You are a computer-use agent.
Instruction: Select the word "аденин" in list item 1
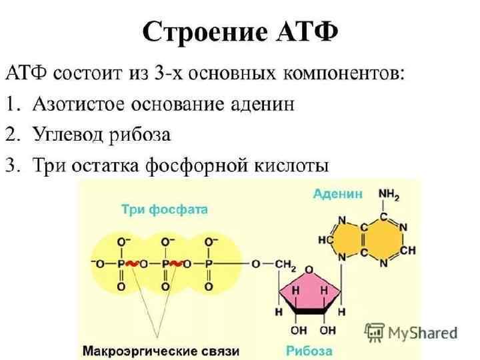click(x=261, y=105)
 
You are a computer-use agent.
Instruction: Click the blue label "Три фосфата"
click(x=165, y=209)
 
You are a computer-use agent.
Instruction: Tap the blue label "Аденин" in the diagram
click(x=338, y=194)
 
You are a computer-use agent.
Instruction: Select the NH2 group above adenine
click(x=389, y=194)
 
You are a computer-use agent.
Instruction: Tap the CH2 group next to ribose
click(x=285, y=265)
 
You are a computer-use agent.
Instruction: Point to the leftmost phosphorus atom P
click(x=121, y=265)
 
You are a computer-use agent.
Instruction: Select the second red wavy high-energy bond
click(x=177, y=265)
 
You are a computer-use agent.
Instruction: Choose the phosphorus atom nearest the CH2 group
click(x=209, y=265)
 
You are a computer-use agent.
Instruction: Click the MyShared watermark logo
click(x=411, y=331)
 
